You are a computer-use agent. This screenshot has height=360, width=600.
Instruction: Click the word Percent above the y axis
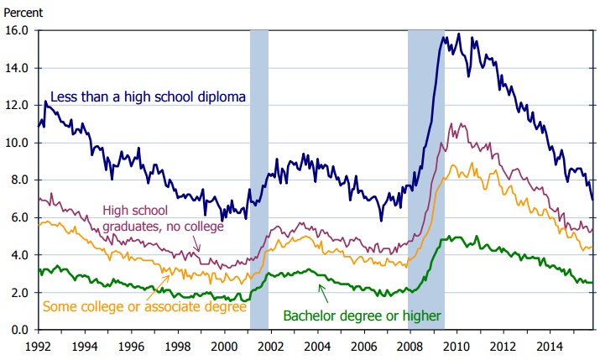point(23,12)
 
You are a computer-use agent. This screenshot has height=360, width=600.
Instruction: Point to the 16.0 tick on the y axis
point(18,30)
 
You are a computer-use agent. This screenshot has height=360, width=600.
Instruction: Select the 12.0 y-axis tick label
point(18,105)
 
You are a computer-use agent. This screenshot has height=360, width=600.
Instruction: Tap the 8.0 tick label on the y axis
point(20,180)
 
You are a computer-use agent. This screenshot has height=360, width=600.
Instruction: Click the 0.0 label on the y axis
point(20,330)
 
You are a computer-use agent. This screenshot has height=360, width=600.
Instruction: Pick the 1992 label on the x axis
point(38,344)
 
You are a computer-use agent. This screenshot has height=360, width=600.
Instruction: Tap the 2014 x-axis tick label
point(550,344)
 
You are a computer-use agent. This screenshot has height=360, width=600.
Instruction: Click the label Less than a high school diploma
point(148,97)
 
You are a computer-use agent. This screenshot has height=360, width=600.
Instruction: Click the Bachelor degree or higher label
point(362,316)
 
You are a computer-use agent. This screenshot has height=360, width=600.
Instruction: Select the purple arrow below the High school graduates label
point(196,243)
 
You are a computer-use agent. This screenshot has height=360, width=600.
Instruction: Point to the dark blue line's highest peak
point(458,35)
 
